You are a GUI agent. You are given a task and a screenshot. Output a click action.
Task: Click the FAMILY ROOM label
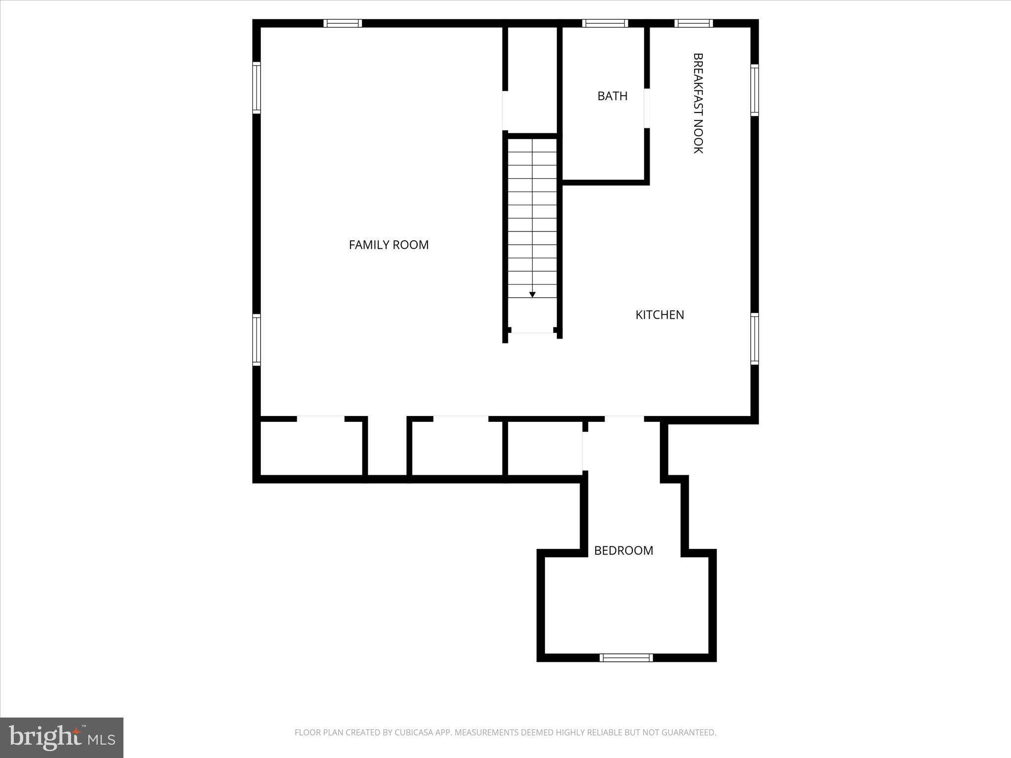click(389, 245)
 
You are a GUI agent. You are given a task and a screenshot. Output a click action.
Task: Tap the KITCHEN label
click(660, 315)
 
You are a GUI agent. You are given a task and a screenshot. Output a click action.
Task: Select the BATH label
click(612, 96)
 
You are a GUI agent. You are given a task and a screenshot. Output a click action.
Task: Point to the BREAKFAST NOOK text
click(698, 104)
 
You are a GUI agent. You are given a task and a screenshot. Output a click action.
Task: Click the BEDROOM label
click(623, 551)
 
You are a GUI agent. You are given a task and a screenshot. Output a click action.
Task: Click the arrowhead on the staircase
click(532, 295)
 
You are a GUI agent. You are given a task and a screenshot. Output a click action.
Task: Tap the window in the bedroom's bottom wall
click(626, 657)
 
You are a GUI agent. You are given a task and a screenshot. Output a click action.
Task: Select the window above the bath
click(605, 23)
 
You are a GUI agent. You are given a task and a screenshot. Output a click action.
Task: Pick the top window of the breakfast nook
click(694, 23)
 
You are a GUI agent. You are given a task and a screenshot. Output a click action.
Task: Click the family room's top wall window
click(343, 23)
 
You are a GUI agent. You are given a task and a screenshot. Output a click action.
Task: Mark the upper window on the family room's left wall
click(256, 87)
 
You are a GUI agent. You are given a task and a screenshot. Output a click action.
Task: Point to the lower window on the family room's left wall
click(256, 340)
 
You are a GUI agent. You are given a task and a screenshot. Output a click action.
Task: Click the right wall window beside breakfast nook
click(754, 90)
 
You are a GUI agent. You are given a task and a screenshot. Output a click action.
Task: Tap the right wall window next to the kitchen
click(754, 339)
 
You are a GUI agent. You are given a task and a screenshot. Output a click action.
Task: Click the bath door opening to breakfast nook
click(647, 108)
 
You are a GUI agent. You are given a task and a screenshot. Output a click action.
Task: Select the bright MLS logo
click(62, 737)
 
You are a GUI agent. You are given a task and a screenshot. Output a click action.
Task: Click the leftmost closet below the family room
click(311, 448)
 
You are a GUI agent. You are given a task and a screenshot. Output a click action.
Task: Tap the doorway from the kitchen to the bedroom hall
click(624, 419)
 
